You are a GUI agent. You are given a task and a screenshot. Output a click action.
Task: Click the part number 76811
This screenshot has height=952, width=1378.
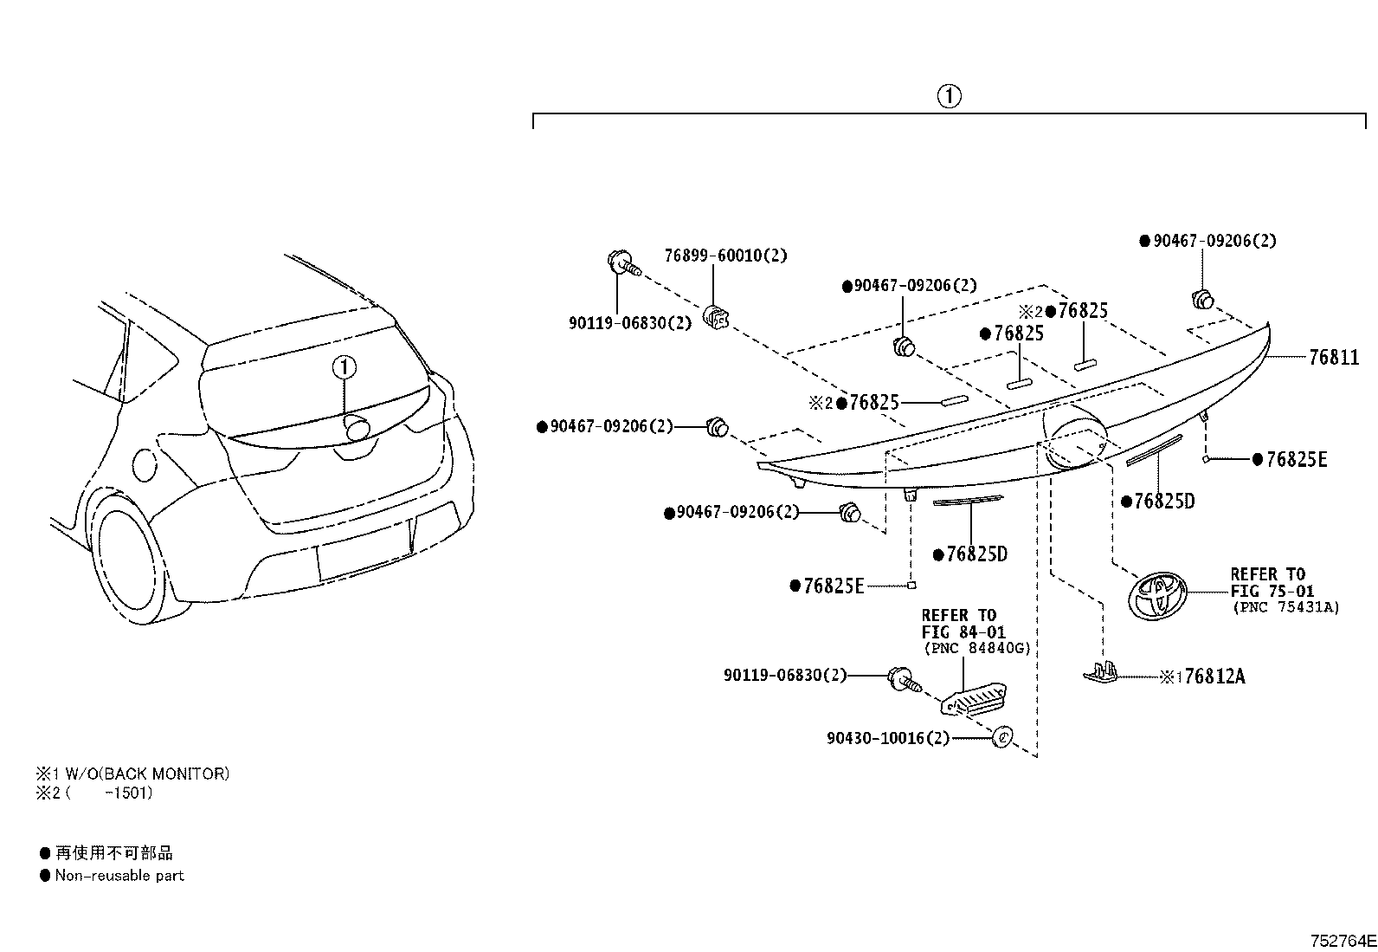(x=1334, y=357)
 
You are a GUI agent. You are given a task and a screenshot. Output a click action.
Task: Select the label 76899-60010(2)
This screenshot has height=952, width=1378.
(x=725, y=256)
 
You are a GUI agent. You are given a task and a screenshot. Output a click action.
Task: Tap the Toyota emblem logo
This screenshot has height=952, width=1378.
(x=1156, y=595)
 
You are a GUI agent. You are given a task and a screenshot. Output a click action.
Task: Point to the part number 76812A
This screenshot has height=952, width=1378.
(x=1214, y=677)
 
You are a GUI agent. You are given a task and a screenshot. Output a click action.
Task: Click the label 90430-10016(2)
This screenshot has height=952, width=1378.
(x=888, y=738)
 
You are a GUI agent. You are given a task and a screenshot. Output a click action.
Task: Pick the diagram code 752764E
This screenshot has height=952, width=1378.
(x=1343, y=941)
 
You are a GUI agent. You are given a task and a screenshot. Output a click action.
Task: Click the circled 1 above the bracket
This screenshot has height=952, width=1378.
(x=949, y=96)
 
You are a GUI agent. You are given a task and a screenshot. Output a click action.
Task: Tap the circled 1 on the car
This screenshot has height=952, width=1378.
(x=344, y=367)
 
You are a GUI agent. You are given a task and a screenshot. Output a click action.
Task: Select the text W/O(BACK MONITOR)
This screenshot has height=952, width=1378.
(x=147, y=774)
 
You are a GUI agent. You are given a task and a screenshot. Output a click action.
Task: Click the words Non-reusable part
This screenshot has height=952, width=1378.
(x=119, y=875)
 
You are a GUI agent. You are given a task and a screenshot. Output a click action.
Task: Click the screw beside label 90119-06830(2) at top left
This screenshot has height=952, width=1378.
(x=623, y=265)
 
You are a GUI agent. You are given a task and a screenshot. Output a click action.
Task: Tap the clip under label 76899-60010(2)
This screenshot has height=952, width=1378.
(x=716, y=317)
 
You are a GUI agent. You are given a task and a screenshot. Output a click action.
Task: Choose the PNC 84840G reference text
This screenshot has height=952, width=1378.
(x=977, y=649)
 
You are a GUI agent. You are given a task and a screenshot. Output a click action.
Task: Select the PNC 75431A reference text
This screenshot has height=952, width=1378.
(x=1285, y=607)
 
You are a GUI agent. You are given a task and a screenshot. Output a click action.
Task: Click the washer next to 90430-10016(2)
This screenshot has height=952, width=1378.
(x=1002, y=736)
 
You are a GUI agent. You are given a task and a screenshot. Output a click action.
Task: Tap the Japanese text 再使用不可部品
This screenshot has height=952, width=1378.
(x=114, y=853)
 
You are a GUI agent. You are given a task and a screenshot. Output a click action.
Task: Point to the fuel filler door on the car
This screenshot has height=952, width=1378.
(x=145, y=465)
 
